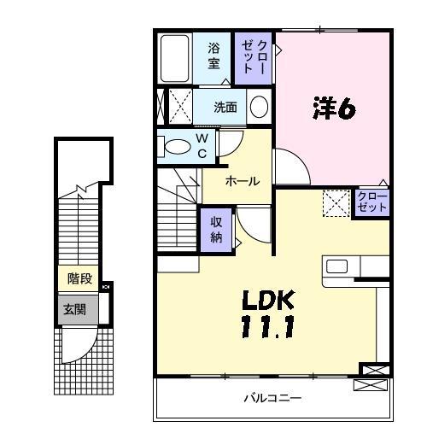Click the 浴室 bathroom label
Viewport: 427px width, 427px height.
click(213, 56)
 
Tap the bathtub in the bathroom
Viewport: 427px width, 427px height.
click(174, 58)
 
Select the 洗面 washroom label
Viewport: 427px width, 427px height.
click(225, 108)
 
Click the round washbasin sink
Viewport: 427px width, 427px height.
click(259, 107)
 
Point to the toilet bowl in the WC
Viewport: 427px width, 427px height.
click(178, 147)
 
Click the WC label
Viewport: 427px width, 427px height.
click(202, 146)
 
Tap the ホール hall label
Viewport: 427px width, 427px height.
click(243, 181)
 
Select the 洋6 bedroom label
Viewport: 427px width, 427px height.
click(334, 108)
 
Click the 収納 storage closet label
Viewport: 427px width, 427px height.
click(216, 230)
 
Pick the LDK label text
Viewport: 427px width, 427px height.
click(268, 300)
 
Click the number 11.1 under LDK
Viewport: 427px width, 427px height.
click(267, 327)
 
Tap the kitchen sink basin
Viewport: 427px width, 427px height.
click(336, 266)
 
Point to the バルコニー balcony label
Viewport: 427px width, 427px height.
click(272, 398)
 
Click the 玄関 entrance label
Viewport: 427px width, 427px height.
click(74, 309)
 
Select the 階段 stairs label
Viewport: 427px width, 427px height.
click(79, 278)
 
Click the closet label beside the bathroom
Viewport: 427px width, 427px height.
click(254, 57)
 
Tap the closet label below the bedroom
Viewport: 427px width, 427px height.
click(372, 202)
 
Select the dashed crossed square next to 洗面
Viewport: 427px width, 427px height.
click(180, 106)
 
